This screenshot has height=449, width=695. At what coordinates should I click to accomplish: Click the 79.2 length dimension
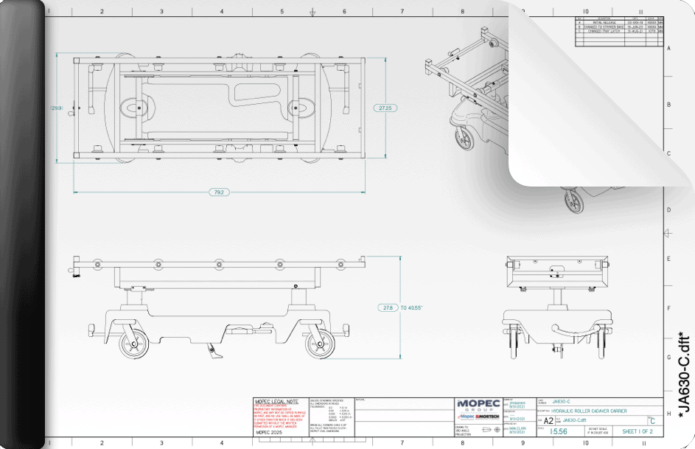(x=219, y=192)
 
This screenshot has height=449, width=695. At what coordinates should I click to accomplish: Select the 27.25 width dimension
(x=385, y=108)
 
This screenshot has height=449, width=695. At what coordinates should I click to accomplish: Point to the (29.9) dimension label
(x=56, y=108)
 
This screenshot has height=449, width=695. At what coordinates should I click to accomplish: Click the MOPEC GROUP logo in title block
(x=478, y=405)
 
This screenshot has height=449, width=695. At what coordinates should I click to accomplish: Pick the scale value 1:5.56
(x=560, y=431)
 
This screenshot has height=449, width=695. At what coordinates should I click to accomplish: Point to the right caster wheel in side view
(x=319, y=344)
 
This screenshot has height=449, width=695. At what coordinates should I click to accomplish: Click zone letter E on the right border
(x=668, y=259)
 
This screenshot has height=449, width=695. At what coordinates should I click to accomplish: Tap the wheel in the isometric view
(x=465, y=140)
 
